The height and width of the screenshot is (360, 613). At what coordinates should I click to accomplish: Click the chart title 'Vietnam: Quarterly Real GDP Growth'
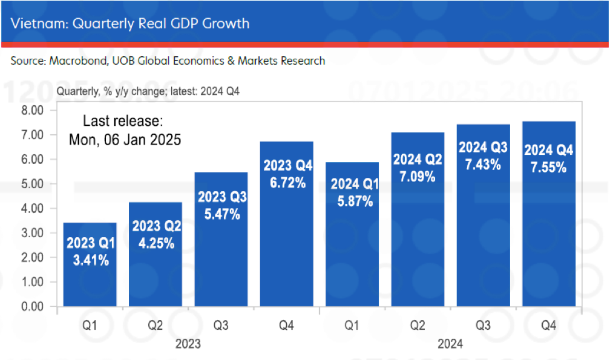tap(130, 24)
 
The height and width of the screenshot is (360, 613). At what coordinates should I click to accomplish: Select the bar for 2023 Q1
tap(90, 266)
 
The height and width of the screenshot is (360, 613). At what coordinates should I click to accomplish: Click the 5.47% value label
tap(221, 214)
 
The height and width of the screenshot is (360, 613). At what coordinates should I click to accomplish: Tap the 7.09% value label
tap(418, 177)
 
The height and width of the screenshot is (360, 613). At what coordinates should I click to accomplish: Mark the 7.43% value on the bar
tap(484, 164)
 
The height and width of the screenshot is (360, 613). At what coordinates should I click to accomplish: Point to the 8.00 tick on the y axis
tap(33, 110)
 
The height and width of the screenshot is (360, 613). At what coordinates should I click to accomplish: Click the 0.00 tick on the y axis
tap(33, 307)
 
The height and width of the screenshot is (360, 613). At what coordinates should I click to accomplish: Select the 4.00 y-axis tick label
tap(33, 209)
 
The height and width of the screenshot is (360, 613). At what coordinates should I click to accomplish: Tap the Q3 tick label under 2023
tap(221, 326)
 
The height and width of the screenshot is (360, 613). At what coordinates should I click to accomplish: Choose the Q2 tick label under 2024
tap(418, 326)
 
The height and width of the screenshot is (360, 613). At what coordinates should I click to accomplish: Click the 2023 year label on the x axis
tap(188, 344)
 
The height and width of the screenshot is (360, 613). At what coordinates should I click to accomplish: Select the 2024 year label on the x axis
tap(450, 344)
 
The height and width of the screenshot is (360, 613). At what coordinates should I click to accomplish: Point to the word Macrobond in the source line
tap(74, 61)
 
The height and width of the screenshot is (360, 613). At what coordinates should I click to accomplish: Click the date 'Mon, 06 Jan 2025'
tap(125, 139)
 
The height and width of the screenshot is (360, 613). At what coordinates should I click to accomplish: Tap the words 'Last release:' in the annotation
tap(123, 120)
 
